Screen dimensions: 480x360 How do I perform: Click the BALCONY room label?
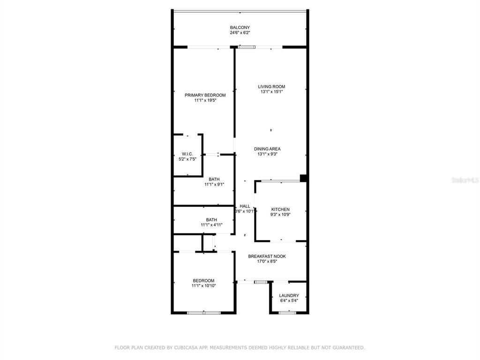click(x=240, y=27)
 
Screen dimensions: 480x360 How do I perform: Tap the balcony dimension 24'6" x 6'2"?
click(x=240, y=32)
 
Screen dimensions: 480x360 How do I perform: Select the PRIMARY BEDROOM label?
click(x=205, y=95)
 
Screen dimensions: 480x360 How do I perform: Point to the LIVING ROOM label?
click(x=271, y=87)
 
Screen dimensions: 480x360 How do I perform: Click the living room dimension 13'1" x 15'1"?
click(x=271, y=91)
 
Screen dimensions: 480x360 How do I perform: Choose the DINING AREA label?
click(x=267, y=149)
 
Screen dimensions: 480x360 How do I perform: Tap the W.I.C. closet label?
click(x=187, y=154)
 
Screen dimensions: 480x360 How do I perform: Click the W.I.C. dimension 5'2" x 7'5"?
click(x=187, y=159)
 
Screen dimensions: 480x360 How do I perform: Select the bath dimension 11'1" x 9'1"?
click(x=214, y=184)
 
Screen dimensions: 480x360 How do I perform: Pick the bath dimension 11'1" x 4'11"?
click(x=211, y=225)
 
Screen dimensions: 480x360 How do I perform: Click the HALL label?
click(x=245, y=206)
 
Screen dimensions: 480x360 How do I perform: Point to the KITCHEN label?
click(x=280, y=210)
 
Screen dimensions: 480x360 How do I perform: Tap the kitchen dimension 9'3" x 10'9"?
click(x=280, y=215)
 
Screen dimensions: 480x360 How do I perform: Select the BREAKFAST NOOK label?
click(x=267, y=256)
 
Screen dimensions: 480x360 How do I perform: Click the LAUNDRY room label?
click(x=289, y=295)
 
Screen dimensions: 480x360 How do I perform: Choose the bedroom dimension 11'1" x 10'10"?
click(x=204, y=285)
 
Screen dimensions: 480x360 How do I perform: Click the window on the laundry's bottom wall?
click(x=288, y=313)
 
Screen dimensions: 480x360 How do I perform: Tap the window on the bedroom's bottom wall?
click(x=204, y=313)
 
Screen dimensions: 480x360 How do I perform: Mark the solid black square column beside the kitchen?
click(x=303, y=178)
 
